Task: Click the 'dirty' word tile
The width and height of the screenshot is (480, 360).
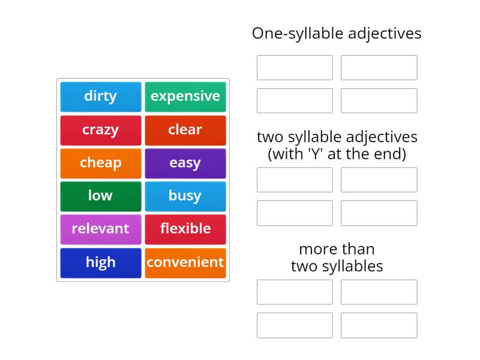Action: (101, 97)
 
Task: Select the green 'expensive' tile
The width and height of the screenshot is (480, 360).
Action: (185, 97)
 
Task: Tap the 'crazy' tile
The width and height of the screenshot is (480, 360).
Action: (101, 130)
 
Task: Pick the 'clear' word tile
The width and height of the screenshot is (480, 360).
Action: (185, 130)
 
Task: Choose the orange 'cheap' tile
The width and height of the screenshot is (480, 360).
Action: (101, 163)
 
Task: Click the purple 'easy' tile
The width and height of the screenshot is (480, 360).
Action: (185, 163)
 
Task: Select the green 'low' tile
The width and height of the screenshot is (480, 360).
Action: (101, 196)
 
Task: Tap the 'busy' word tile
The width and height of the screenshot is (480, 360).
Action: (185, 196)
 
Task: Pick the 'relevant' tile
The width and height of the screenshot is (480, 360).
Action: (101, 229)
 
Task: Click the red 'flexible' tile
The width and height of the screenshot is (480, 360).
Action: (185, 229)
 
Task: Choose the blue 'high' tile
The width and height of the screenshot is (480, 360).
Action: (101, 262)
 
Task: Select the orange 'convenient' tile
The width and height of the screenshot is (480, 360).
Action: (185, 262)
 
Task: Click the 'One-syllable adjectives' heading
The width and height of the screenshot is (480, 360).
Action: (337, 34)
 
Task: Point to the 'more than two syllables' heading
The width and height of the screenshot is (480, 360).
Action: (337, 257)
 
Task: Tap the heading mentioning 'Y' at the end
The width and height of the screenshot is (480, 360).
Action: (337, 145)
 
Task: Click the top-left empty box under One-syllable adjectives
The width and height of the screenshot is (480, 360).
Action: (295, 68)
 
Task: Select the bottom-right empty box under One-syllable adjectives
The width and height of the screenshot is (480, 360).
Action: (379, 101)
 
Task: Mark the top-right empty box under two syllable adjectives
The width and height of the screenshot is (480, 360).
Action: (379, 180)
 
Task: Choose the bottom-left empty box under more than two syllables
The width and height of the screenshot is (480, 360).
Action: (295, 325)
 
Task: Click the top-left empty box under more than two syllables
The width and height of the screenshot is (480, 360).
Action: (295, 292)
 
